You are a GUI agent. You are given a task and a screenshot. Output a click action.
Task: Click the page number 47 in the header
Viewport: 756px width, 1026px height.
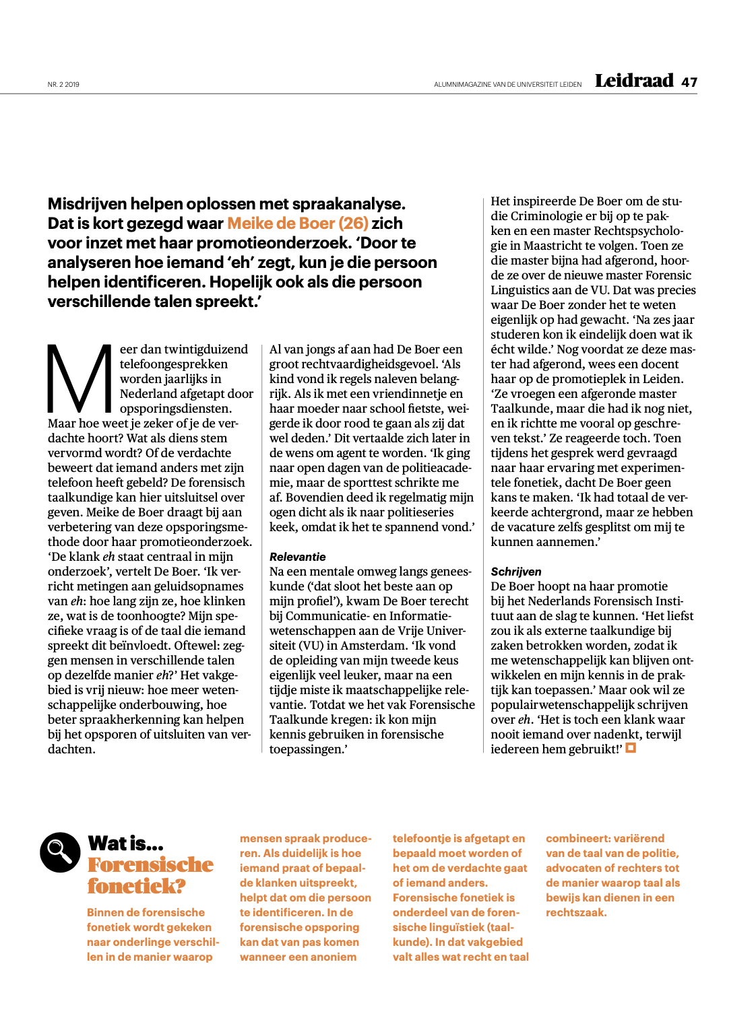coord(689,82)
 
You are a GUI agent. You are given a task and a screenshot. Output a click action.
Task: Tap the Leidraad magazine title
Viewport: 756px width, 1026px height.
coord(634,81)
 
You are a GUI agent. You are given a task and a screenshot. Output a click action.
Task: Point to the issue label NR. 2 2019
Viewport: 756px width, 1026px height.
coord(63,85)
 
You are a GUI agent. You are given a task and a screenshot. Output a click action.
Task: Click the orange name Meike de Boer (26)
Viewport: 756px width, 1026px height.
coord(298,224)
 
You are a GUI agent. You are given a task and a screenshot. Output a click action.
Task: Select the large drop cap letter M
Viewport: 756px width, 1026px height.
coord(80,378)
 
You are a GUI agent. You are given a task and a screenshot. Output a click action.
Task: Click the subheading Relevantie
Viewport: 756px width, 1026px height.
coord(297,557)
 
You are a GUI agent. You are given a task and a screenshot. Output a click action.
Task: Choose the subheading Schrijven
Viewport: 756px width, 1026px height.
coord(515,572)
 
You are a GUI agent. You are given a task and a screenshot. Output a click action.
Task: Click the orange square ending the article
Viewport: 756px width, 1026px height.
coord(631,748)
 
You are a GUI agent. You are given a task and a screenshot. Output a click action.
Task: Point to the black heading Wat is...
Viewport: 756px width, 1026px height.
coord(125,844)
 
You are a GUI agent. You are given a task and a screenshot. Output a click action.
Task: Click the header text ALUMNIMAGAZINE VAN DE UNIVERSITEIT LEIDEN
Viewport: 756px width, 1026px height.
coord(507,85)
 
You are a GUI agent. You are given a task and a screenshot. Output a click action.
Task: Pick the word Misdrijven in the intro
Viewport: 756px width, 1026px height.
coord(86,204)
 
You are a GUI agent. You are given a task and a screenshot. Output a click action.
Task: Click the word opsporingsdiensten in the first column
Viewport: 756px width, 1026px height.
coord(175,409)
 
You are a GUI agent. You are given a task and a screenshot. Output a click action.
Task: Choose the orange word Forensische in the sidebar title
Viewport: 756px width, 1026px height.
coord(150,865)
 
